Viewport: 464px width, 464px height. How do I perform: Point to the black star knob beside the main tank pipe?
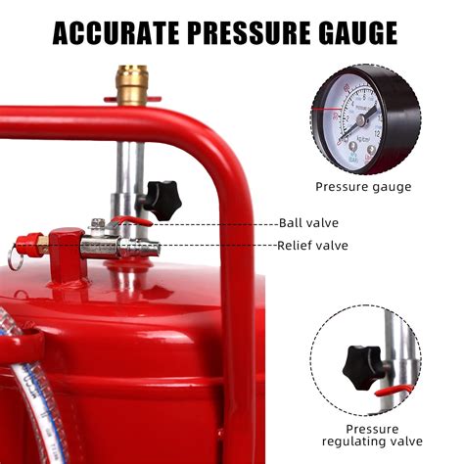click(167, 199)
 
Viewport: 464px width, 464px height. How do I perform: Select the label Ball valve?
click(309, 223)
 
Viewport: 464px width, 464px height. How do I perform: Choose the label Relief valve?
click(311, 246)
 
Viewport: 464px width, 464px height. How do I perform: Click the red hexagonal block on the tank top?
click(67, 254)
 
